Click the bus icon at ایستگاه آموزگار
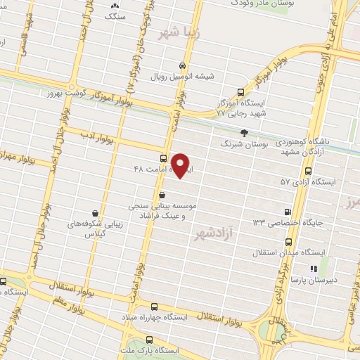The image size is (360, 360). [241, 91]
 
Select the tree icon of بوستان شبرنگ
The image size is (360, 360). [244, 131]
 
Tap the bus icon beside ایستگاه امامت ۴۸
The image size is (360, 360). [164, 158]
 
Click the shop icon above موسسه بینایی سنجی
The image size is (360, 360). [162, 194]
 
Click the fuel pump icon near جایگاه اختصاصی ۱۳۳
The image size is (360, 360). [288, 211]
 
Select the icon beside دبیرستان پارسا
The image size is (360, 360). [314, 268]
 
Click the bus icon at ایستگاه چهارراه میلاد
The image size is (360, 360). [155, 306]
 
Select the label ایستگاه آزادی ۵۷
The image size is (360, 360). [309, 181]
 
